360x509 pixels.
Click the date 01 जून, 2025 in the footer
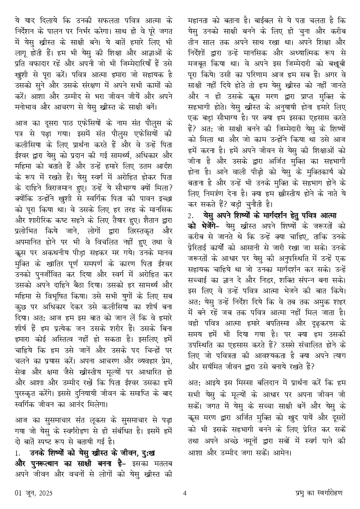(33, 493)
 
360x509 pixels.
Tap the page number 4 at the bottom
(185, 493)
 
